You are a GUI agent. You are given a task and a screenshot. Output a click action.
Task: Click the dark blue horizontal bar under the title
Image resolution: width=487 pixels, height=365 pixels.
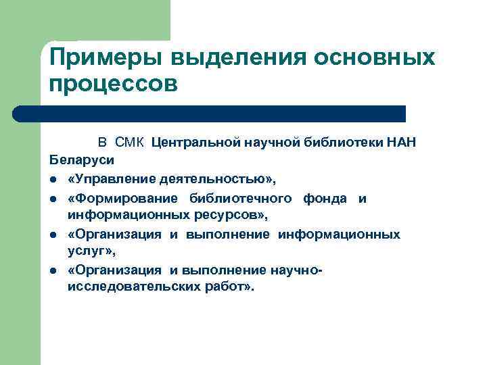pyautogui.click(x=210, y=114)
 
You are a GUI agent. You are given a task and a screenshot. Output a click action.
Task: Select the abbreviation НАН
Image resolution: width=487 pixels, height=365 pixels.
pyautogui.click(x=400, y=143)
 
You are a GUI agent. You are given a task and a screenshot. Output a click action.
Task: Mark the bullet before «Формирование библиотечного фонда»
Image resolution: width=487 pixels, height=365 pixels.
pyautogui.click(x=53, y=199)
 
